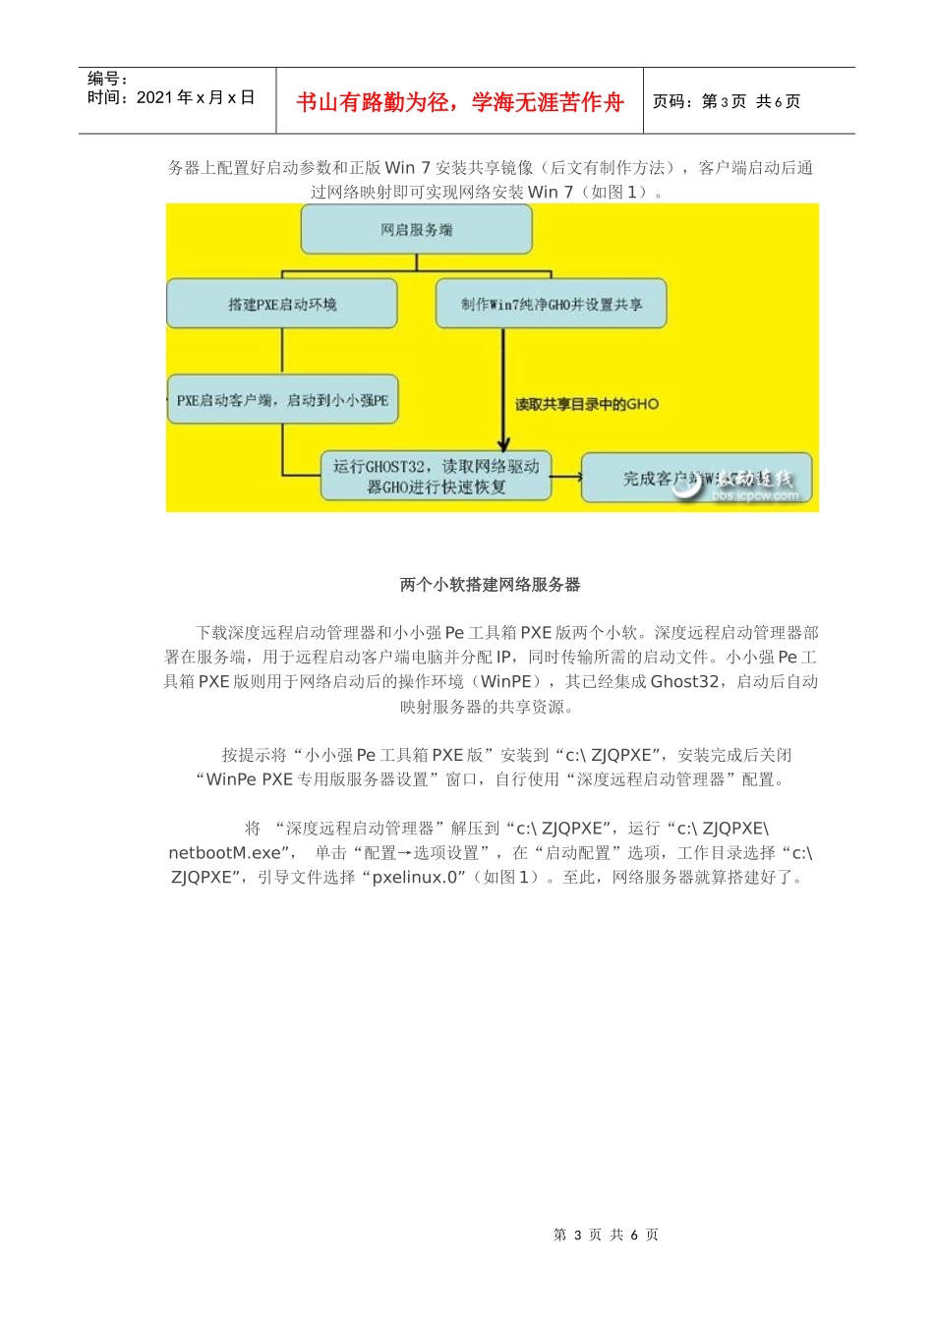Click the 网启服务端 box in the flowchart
(416, 230)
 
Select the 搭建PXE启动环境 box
(282, 304)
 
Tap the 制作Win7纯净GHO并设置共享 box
(551, 304)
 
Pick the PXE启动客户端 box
(282, 400)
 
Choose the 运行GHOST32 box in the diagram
(436, 477)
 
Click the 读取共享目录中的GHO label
(587, 404)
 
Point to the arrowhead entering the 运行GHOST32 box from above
(503, 444)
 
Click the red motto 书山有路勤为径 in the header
(459, 102)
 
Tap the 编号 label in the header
(107, 79)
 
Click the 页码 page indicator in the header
(726, 101)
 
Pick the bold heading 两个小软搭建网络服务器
(490, 585)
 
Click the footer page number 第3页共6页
(606, 1235)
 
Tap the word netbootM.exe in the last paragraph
(225, 853)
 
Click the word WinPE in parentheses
(506, 681)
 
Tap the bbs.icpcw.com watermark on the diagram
(755, 496)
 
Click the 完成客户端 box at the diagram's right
(696, 478)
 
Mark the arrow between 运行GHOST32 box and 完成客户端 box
(565, 478)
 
